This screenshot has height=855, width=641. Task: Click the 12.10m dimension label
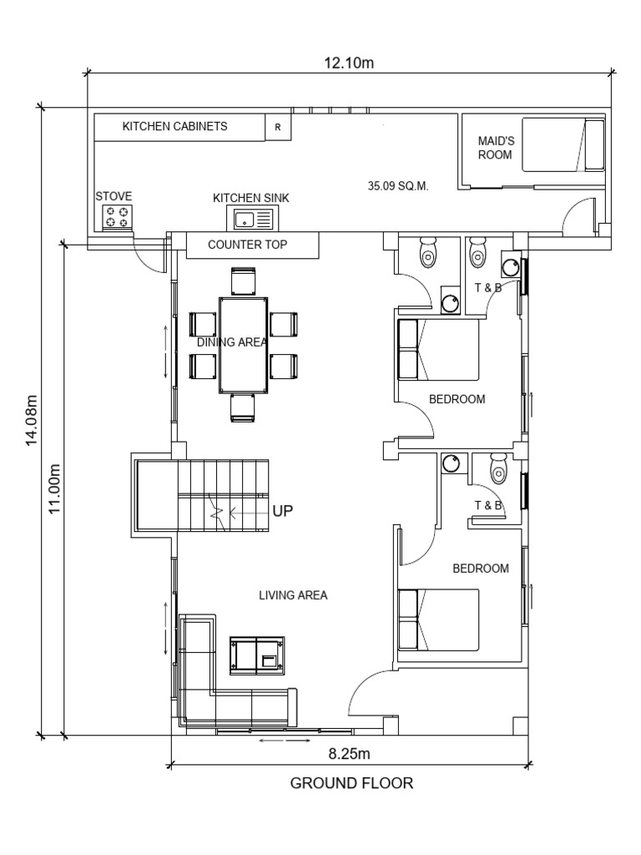[x=349, y=63]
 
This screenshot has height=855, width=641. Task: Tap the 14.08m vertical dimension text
[x=32, y=421]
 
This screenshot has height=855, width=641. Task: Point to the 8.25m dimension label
[x=349, y=754]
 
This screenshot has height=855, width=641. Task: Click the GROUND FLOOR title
[x=351, y=783]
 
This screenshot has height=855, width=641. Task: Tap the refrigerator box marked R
[x=278, y=127]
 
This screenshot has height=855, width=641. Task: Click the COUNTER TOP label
[x=247, y=245]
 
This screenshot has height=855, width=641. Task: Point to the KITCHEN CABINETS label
[x=175, y=127]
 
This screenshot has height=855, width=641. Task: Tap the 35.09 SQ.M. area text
[x=398, y=186]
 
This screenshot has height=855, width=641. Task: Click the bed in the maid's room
[x=563, y=144]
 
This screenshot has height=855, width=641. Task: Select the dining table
[x=244, y=345]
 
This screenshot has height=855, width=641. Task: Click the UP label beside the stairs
[x=283, y=511]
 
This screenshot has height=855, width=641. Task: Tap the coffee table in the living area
[x=257, y=656]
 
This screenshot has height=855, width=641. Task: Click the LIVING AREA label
[x=293, y=595]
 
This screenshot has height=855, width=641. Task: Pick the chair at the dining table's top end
[x=243, y=281]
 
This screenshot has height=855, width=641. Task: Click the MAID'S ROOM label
[x=496, y=148]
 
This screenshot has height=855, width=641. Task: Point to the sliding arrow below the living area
[x=285, y=741]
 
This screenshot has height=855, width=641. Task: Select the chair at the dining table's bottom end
[x=243, y=407]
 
